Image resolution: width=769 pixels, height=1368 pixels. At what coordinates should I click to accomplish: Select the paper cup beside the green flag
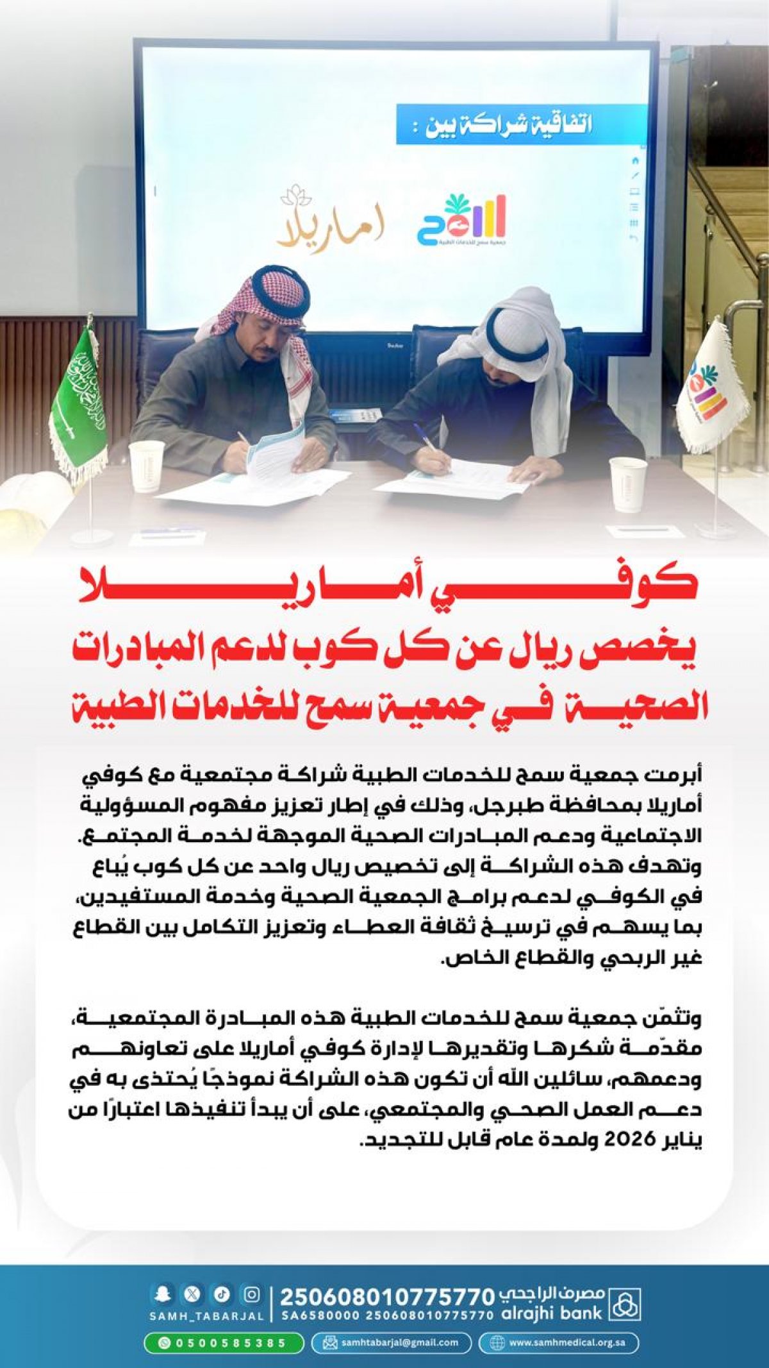tap(146, 465)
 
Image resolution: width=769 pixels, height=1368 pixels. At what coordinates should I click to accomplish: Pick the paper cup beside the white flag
tap(628, 484)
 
